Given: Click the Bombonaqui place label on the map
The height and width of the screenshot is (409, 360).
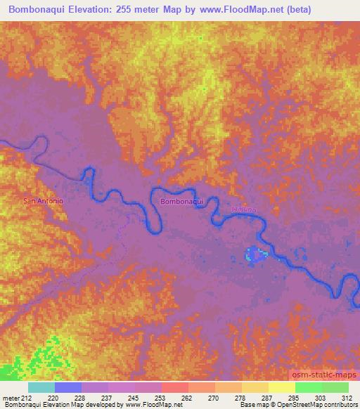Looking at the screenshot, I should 181,201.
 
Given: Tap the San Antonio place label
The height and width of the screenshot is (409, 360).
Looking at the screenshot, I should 44,201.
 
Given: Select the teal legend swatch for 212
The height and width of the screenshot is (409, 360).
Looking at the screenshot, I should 41,387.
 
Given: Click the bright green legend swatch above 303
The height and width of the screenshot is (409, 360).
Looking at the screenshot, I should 308,387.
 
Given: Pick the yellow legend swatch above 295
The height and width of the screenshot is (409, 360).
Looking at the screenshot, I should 281,387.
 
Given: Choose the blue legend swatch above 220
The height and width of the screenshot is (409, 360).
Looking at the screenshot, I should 67,387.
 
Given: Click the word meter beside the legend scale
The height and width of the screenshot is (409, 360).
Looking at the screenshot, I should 11,398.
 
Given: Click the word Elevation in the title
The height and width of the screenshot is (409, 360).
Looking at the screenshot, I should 90,10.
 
